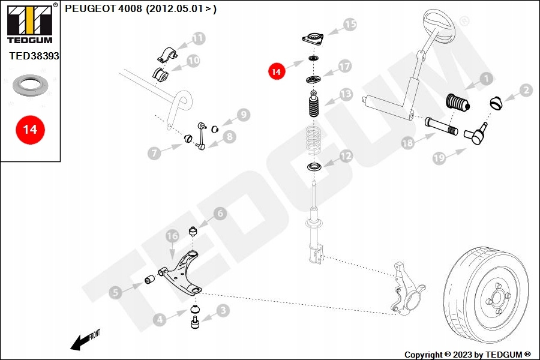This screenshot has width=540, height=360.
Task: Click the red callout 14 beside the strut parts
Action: (x=276, y=71)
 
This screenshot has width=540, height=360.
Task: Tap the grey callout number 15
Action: (x=350, y=25)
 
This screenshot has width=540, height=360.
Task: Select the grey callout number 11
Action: (x=199, y=38)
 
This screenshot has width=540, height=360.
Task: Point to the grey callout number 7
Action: (x=154, y=152)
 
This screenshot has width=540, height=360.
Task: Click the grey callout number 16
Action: (x=172, y=236)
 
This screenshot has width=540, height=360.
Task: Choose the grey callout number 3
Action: (x=223, y=310)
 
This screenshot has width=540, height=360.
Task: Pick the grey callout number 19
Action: (x=439, y=158)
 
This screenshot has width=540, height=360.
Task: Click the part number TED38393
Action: (x=34, y=56)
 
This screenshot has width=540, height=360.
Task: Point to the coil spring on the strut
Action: (x=313, y=140)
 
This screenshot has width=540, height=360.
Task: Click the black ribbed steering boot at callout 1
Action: (x=457, y=103)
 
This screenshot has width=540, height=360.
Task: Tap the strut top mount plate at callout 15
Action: (x=313, y=38)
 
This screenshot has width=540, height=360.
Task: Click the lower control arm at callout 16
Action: (x=181, y=273)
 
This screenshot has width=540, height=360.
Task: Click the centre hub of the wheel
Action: (x=497, y=297)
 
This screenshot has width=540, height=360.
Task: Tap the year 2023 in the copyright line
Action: (x=463, y=355)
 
